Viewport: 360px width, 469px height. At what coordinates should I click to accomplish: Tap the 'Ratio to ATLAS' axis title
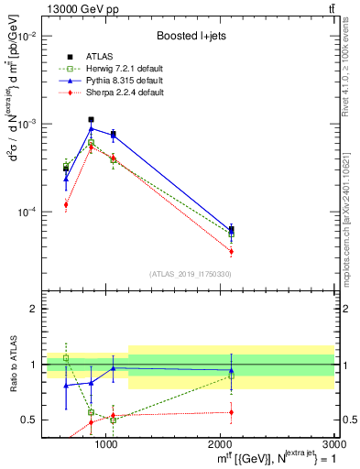12,364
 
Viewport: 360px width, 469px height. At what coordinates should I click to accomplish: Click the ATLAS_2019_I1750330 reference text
191,274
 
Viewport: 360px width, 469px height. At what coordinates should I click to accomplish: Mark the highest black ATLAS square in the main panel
91,119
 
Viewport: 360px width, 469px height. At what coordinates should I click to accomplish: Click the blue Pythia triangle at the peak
91,129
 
